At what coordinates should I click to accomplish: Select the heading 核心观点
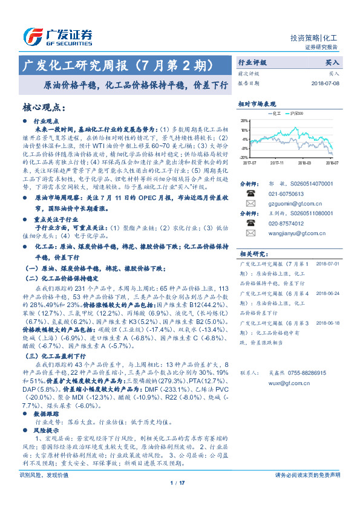click(x=44, y=108)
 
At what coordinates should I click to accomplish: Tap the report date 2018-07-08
click(x=326, y=83)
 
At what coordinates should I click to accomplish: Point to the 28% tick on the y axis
click(x=244, y=121)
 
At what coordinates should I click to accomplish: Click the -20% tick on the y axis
click(x=243, y=157)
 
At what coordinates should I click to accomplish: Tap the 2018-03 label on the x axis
click(x=305, y=163)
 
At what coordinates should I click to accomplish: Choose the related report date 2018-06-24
click(x=328, y=293)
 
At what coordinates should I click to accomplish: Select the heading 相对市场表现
click(x=257, y=103)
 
